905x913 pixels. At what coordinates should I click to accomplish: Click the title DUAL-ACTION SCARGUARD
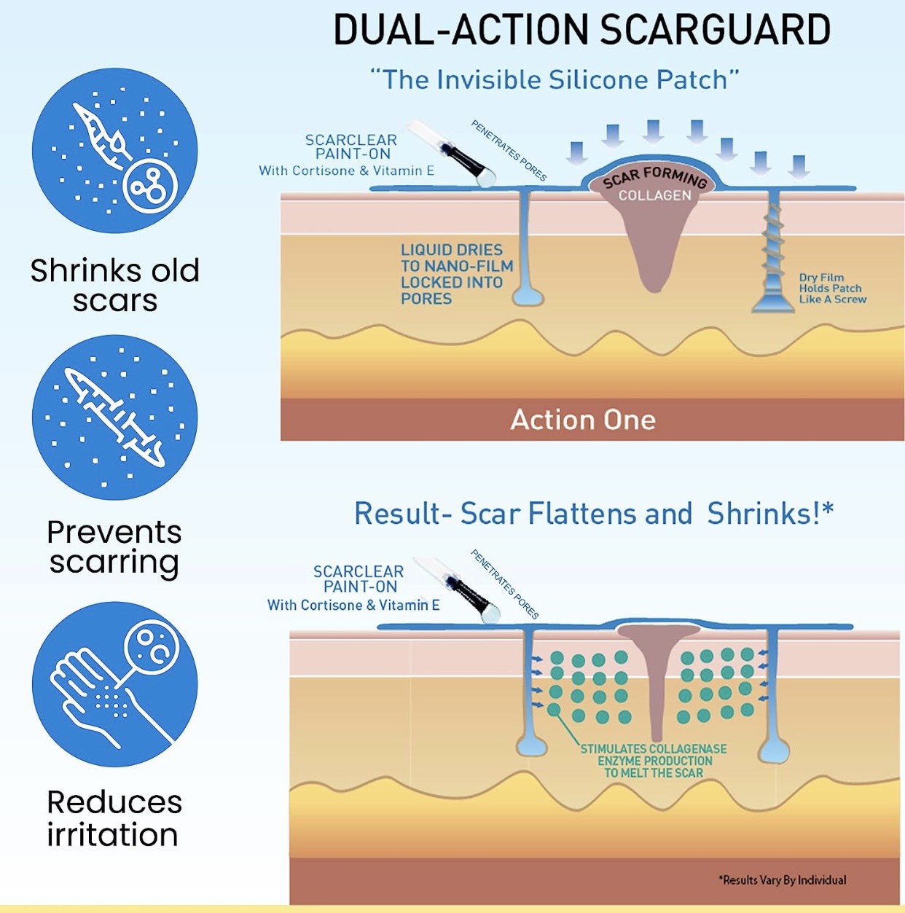point(581,31)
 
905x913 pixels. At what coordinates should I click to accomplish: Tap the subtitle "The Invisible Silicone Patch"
point(555,79)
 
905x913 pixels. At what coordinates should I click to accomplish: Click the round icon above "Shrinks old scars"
point(115,151)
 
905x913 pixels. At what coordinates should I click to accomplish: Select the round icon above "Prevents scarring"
point(115,417)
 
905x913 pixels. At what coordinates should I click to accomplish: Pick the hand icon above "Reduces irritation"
point(115,684)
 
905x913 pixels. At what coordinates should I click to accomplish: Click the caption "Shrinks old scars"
point(115,285)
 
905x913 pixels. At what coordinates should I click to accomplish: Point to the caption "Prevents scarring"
point(114,546)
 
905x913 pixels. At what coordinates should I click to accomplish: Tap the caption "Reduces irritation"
point(114,818)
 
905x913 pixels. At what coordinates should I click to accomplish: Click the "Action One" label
point(583,420)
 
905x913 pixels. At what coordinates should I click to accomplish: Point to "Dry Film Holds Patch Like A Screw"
point(832,289)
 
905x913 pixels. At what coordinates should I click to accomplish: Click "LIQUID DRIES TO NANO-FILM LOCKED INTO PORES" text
point(456,274)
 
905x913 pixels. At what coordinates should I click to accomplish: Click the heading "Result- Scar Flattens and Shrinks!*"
point(593,514)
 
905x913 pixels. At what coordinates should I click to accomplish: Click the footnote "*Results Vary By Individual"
point(783,880)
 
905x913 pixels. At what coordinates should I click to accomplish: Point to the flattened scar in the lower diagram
point(657,670)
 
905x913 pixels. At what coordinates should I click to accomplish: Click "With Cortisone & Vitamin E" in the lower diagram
point(353,605)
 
